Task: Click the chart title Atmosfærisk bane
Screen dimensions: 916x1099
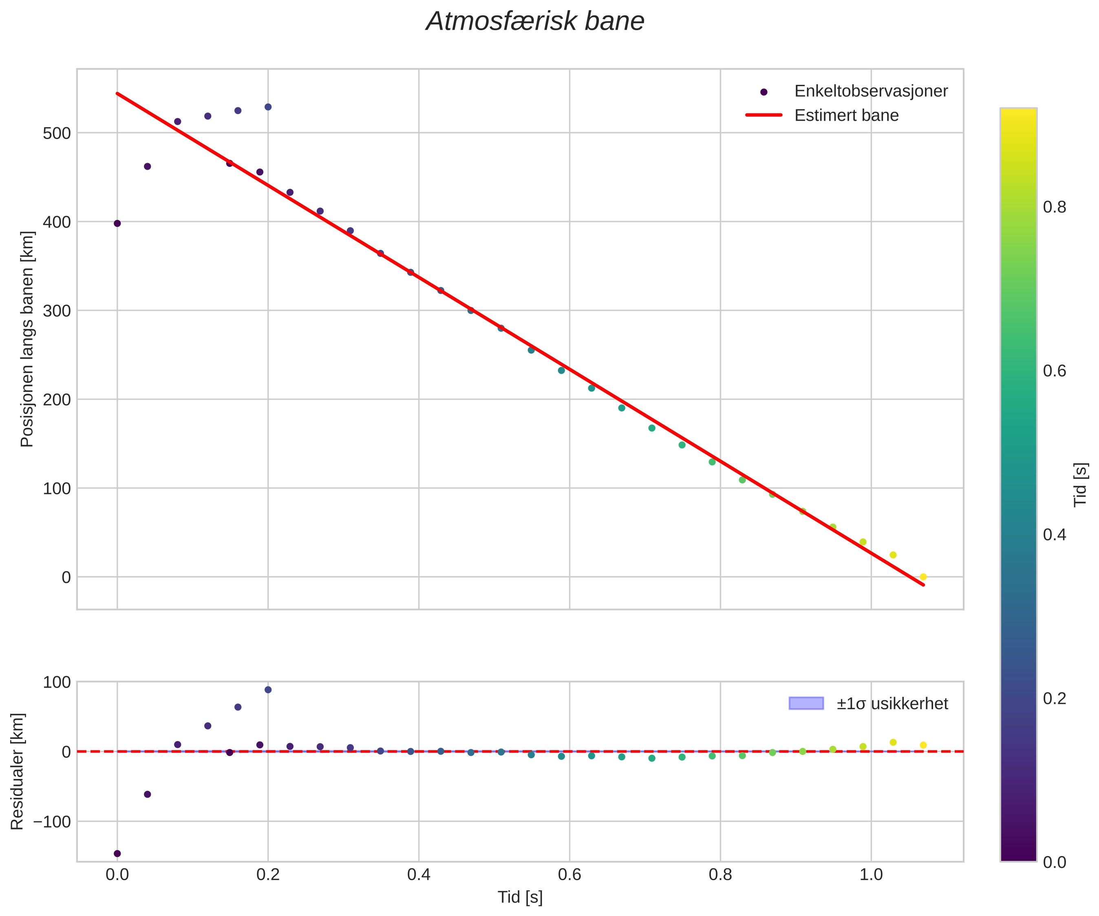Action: click(x=535, y=22)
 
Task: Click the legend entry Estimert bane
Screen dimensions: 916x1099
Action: click(x=846, y=115)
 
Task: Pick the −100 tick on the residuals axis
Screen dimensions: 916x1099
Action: click(x=52, y=822)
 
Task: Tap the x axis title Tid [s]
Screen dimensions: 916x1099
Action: click(x=520, y=897)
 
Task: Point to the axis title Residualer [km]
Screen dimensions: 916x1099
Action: click(x=17, y=771)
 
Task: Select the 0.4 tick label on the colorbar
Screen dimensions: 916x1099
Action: click(x=1054, y=535)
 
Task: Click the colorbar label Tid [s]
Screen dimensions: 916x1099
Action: click(x=1080, y=485)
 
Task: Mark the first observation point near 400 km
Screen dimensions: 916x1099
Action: click(x=117, y=223)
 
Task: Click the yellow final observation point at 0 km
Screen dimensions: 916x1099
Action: click(x=923, y=577)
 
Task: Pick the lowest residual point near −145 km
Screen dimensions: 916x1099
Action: click(x=117, y=854)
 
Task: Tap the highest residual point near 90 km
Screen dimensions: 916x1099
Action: click(x=268, y=690)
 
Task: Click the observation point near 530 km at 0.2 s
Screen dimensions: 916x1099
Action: click(x=268, y=107)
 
